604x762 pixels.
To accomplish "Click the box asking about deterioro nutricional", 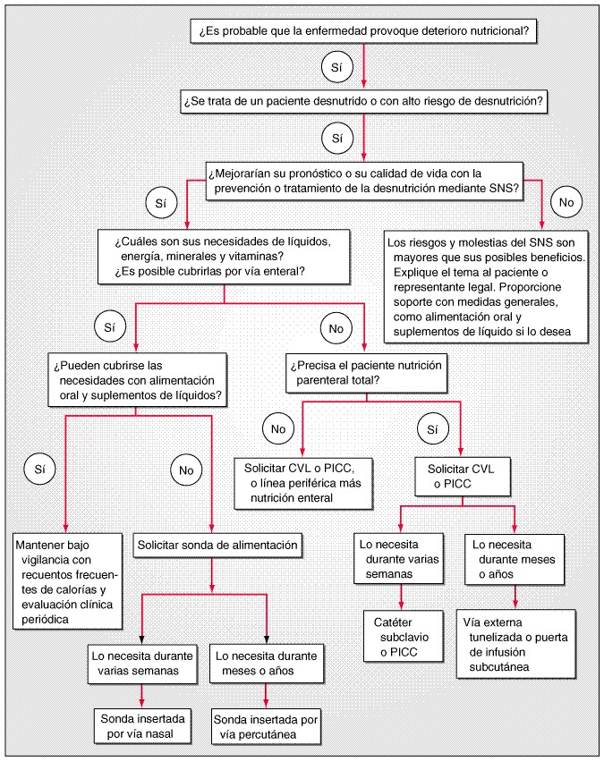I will tap(363, 30).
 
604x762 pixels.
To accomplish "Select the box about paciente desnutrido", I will tap(363, 101).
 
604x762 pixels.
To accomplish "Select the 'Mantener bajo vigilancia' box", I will tap(65, 580).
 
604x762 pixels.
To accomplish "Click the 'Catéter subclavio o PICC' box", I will tap(401, 636).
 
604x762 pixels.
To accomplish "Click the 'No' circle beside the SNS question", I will tap(566, 202).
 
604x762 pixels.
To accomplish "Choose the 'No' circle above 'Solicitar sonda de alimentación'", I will tap(186, 468).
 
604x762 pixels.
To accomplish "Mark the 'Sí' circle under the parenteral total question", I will tap(433, 429).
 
